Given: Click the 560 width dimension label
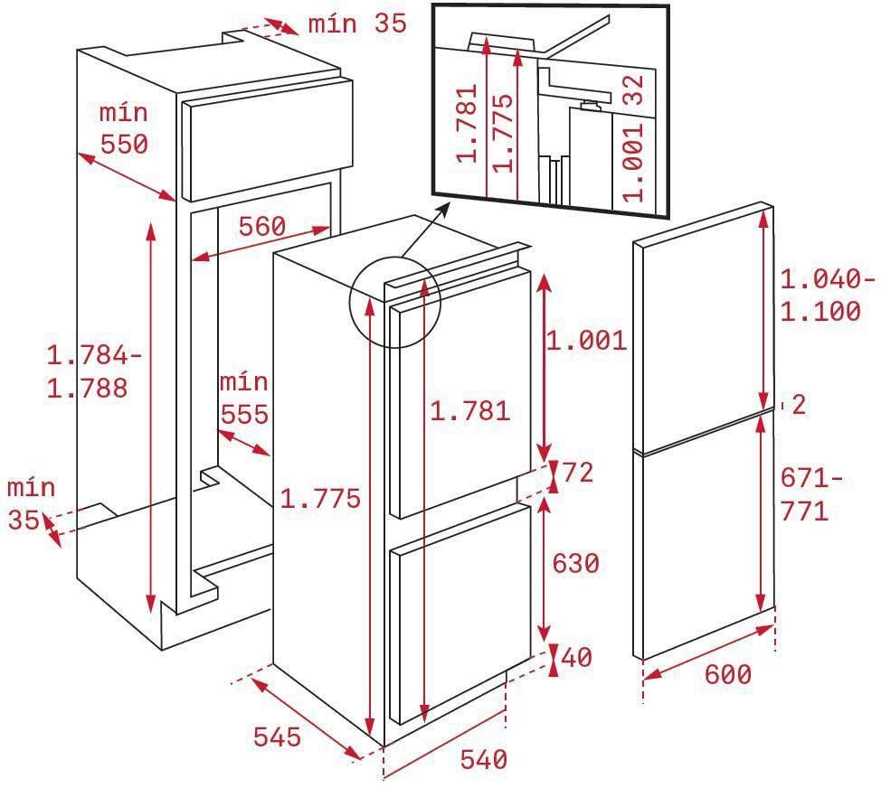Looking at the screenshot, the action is (x=262, y=226).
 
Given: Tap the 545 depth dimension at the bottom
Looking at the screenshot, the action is (x=277, y=736).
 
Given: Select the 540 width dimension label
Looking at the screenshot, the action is (x=484, y=759).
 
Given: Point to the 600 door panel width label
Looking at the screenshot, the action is (x=728, y=674).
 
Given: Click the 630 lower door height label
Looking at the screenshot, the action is (x=576, y=563).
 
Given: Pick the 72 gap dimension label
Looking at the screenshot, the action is (x=578, y=472).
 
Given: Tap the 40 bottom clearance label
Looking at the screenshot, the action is (x=576, y=657).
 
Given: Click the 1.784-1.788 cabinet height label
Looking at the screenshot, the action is (x=94, y=371).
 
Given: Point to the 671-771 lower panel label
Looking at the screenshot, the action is (x=811, y=495).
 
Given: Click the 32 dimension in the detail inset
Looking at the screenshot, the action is (x=634, y=89).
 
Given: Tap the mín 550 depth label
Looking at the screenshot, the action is (x=124, y=128).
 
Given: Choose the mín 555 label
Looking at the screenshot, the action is (x=244, y=399).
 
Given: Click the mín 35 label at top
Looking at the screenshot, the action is (x=357, y=23).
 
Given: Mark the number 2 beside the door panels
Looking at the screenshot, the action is (x=799, y=405).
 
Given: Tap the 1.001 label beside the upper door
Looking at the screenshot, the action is (x=587, y=341).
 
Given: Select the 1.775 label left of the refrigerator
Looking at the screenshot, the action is (x=319, y=499).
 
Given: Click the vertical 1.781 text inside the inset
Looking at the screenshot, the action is (x=467, y=123).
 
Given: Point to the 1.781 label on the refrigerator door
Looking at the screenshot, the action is (x=469, y=411).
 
